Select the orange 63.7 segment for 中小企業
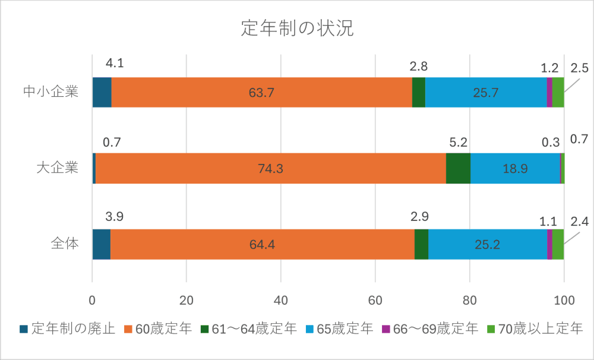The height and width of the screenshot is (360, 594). [261, 93]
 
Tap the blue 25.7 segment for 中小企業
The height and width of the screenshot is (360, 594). [486, 93]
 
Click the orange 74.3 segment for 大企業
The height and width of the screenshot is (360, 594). [270, 169]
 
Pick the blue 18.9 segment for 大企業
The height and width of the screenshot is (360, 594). [515, 169]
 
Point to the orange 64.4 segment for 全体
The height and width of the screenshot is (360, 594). [262, 244]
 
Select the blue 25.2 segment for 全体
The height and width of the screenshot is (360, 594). [488, 244]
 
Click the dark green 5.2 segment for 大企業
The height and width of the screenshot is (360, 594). [458, 169]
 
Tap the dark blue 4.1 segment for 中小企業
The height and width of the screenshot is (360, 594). [102, 93]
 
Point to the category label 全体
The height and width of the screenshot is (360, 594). [64, 244]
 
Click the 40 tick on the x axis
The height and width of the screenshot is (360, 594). [281, 300]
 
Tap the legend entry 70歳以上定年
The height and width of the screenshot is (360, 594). [535, 329]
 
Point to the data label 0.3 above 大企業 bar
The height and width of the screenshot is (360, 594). [551, 143]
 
